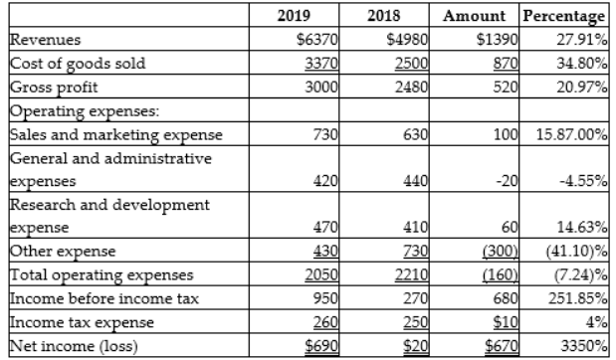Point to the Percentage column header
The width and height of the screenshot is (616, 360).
(563, 16)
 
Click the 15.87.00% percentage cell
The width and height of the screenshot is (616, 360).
(568, 135)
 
